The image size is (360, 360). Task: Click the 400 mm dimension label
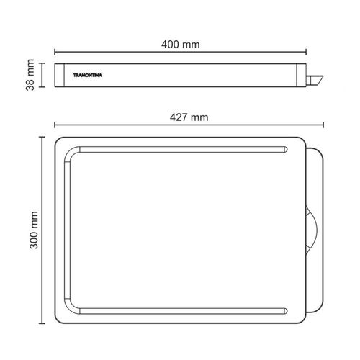pyautogui.click(x=181, y=45)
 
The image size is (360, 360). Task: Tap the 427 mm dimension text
pyautogui.click(x=189, y=117)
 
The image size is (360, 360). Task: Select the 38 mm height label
pyautogui.click(x=30, y=75)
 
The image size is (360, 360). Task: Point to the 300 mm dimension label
pyautogui.click(x=34, y=230)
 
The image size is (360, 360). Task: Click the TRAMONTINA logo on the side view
pyautogui.click(x=88, y=76)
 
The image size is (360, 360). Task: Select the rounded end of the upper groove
pyautogui.click(x=285, y=149)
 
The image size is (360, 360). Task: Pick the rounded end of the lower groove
pyautogui.click(x=285, y=311)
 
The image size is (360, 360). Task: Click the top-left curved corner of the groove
pyautogui.click(x=70, y=152)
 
